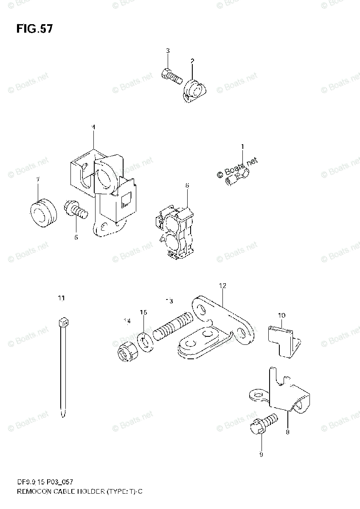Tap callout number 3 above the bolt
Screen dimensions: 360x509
(x=168, y=51)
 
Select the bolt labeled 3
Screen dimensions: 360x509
(x=171, y=76)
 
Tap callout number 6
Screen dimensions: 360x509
(x=187, y=185)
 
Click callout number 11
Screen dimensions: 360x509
(x=62, y=299)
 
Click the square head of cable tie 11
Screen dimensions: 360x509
(x=63, y=322)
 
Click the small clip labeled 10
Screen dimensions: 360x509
(x=282, y=337)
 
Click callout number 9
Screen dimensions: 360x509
(x=261, y=455)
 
